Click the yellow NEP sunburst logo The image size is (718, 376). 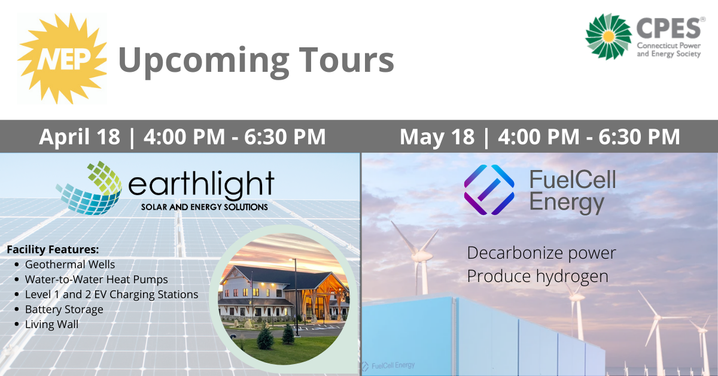62,59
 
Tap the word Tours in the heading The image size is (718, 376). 346,60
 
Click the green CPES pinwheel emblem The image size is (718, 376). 608,37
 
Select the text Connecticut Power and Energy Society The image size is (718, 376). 669,50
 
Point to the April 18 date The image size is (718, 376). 80,137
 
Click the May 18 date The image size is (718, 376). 437,137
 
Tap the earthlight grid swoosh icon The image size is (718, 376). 89,188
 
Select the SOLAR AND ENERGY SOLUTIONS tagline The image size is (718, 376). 205,207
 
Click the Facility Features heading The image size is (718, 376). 53,250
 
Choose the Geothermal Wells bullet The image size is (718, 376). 70,265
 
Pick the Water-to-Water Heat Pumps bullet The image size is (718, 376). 96,280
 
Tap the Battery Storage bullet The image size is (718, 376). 64,310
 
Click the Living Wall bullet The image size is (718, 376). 51,325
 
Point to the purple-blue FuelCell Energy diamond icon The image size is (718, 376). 489,190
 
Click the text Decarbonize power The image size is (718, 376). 541,253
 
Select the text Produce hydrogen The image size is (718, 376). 537,277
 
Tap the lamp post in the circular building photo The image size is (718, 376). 295,297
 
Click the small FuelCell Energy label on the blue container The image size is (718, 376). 388,366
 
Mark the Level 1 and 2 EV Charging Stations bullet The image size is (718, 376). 111,295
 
